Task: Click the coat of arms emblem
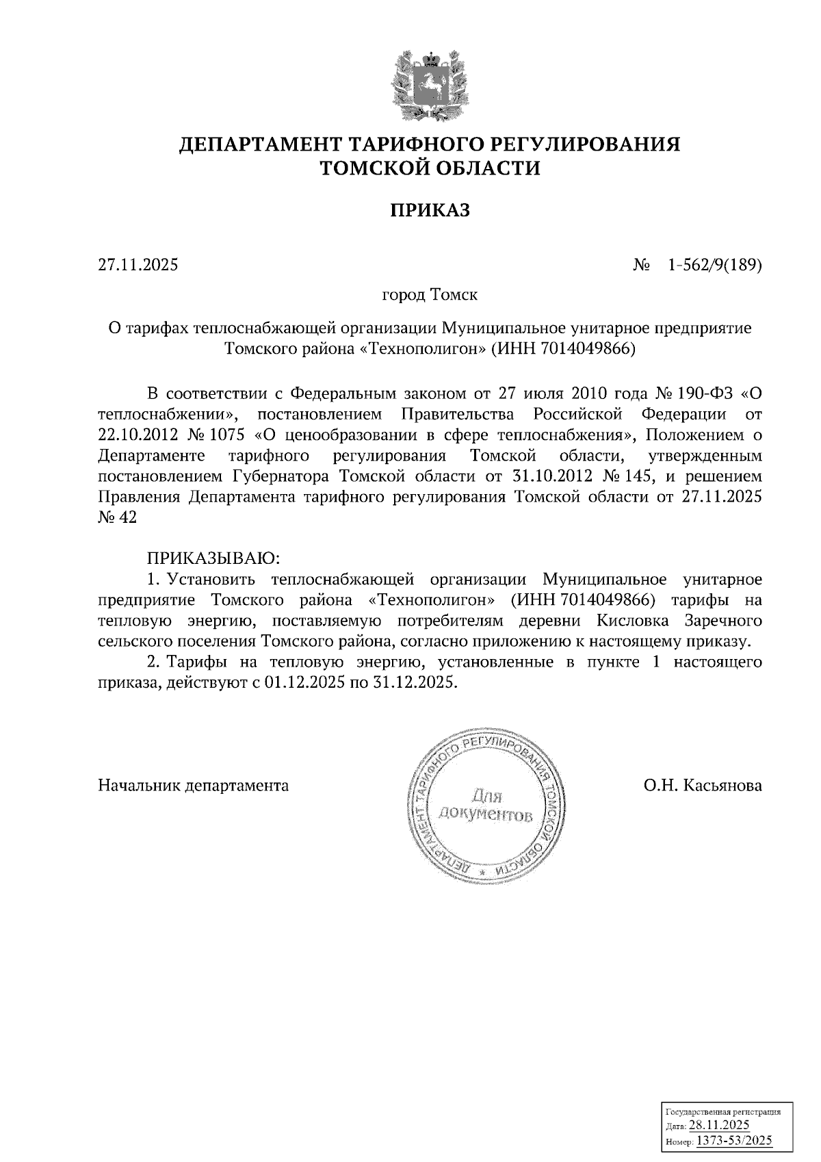coord(430,86)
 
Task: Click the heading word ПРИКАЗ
coord(430,210)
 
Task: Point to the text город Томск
coord(429,296)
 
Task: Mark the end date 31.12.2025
coord(413,682)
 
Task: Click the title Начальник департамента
coord(194,785)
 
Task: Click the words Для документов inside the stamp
coord(486,805)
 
